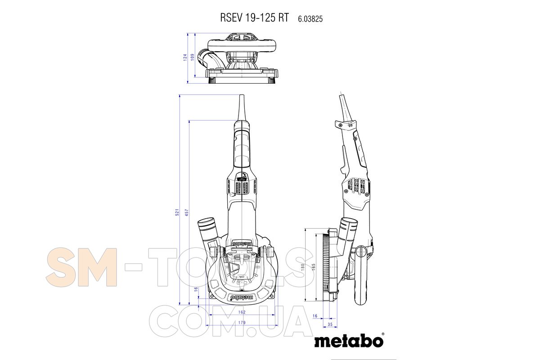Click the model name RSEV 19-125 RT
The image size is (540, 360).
(x=254, y=18)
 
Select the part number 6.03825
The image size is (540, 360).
(x=310, y=19)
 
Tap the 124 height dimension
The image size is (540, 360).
(x=185, y=58)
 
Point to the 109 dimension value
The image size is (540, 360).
(x=193, y=57)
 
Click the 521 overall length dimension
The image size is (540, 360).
(x=177, y=212)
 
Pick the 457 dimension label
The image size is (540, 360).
(x=187, y=212)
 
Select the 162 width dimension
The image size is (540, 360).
(x=242, y=312)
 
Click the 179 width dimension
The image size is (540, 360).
(x=242, y=323)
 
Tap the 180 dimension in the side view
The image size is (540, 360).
(x=303, y=267)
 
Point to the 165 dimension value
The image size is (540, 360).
(x=313, y=267)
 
